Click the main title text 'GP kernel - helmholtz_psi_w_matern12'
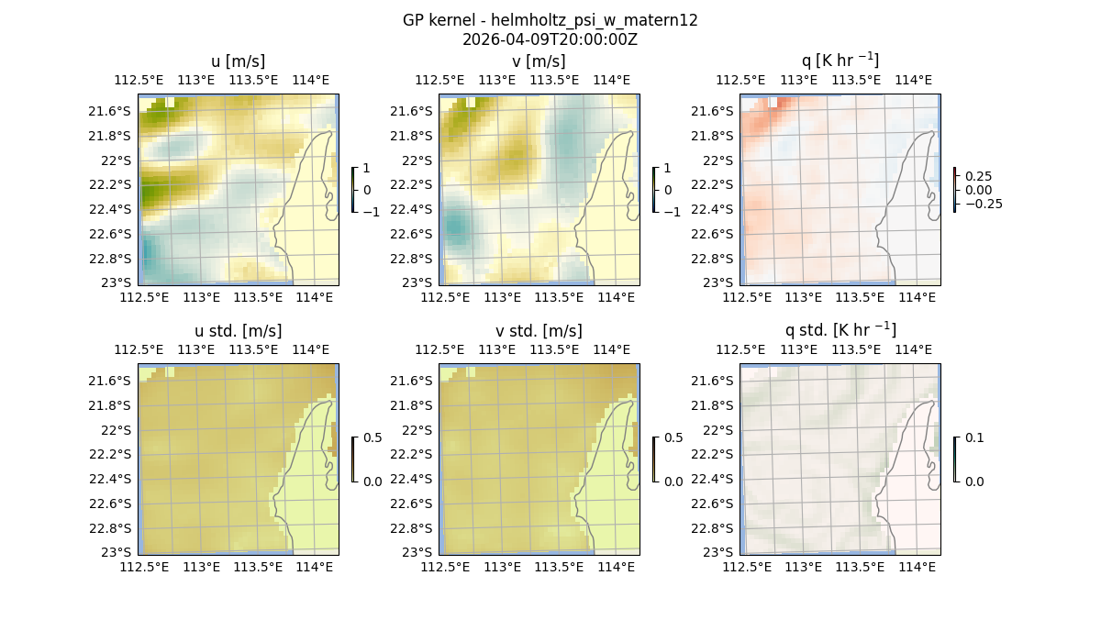pyautogui.click(x=550, y=20)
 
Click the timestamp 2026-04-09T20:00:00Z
pyautogui.click(x=550, y=39)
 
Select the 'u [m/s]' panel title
pyautogui.click(x=238, y=61)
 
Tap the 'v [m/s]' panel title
pyautogui.click(x=539, y=61)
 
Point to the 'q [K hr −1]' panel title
pyautogui.click(x=840, y=61)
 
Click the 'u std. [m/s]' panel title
pyautogui.click(x=238, y=331)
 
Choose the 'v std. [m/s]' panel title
pyautogui.click(x=539, y=331)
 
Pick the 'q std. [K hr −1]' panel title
pyautogui.click(x=840, y=331)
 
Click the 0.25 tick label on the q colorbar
pyautogui.click(x=977, y=176)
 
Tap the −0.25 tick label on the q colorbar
pyautogui.click(x=983, y=204)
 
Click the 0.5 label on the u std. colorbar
pyautogui.click(x=373, y=438)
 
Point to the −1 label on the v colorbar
pyautogui.click(x=673, y=211)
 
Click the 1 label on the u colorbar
pyautogui.click(x=368, y=169)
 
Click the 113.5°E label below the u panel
pyautogui.click(x=258, y=297)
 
